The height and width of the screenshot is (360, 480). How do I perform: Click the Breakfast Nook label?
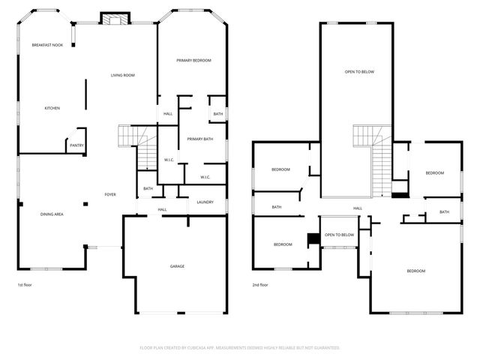pyautogui.click(x=47, y=46)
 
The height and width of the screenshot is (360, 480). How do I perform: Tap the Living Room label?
pyautogui.click(x=122, y=75)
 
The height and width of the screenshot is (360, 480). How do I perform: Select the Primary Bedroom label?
pyautogui.click(x=193, y=60)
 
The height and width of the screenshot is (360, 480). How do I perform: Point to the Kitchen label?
pyautogui.click(x=52, y=108)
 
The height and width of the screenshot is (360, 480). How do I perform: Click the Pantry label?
pyautogui.click(x=76, y=145)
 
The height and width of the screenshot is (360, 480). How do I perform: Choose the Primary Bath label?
pyautogui.click(x=200, y=139)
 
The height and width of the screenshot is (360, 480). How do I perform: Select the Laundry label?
pyautogui.click(x=205, y=202)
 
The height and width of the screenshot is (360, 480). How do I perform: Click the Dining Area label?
pyautogui.click(x=51, y=214)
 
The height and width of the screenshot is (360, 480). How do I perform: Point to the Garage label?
pyautogui.click(x=177, y=266)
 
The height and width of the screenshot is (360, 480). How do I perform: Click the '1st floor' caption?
pyautogui.click(x=25, y=285)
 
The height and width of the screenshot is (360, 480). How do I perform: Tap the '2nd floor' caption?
pyautogui.click(x=261, y=285)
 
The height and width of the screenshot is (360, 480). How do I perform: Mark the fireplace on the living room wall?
pyautogui.click(x=114, y=19)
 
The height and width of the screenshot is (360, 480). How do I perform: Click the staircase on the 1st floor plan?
pyautogui.click(x=130, y=136)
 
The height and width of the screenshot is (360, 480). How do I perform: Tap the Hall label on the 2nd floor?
pyautogui.click(x=358, y=208)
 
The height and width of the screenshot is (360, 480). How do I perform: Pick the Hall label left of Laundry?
pyautogui.click(x=162, y=209)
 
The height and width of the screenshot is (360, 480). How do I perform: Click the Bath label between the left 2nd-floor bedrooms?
pyautogui.click(x=277, y=207)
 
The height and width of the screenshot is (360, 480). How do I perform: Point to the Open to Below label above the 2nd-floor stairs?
pyautogui.click(x=359, y=72)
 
